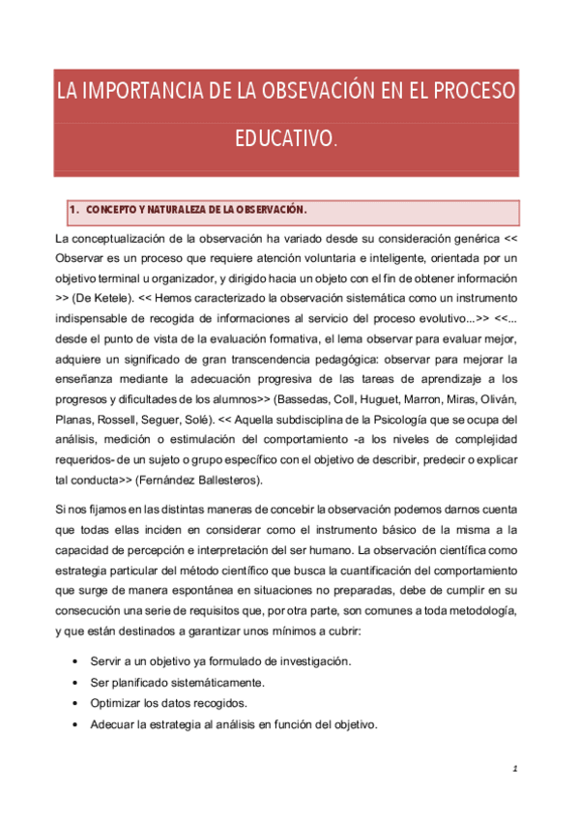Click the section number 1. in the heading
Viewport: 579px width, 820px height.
click(73, 210)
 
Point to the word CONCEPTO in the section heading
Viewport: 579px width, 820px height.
click(113, 210)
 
